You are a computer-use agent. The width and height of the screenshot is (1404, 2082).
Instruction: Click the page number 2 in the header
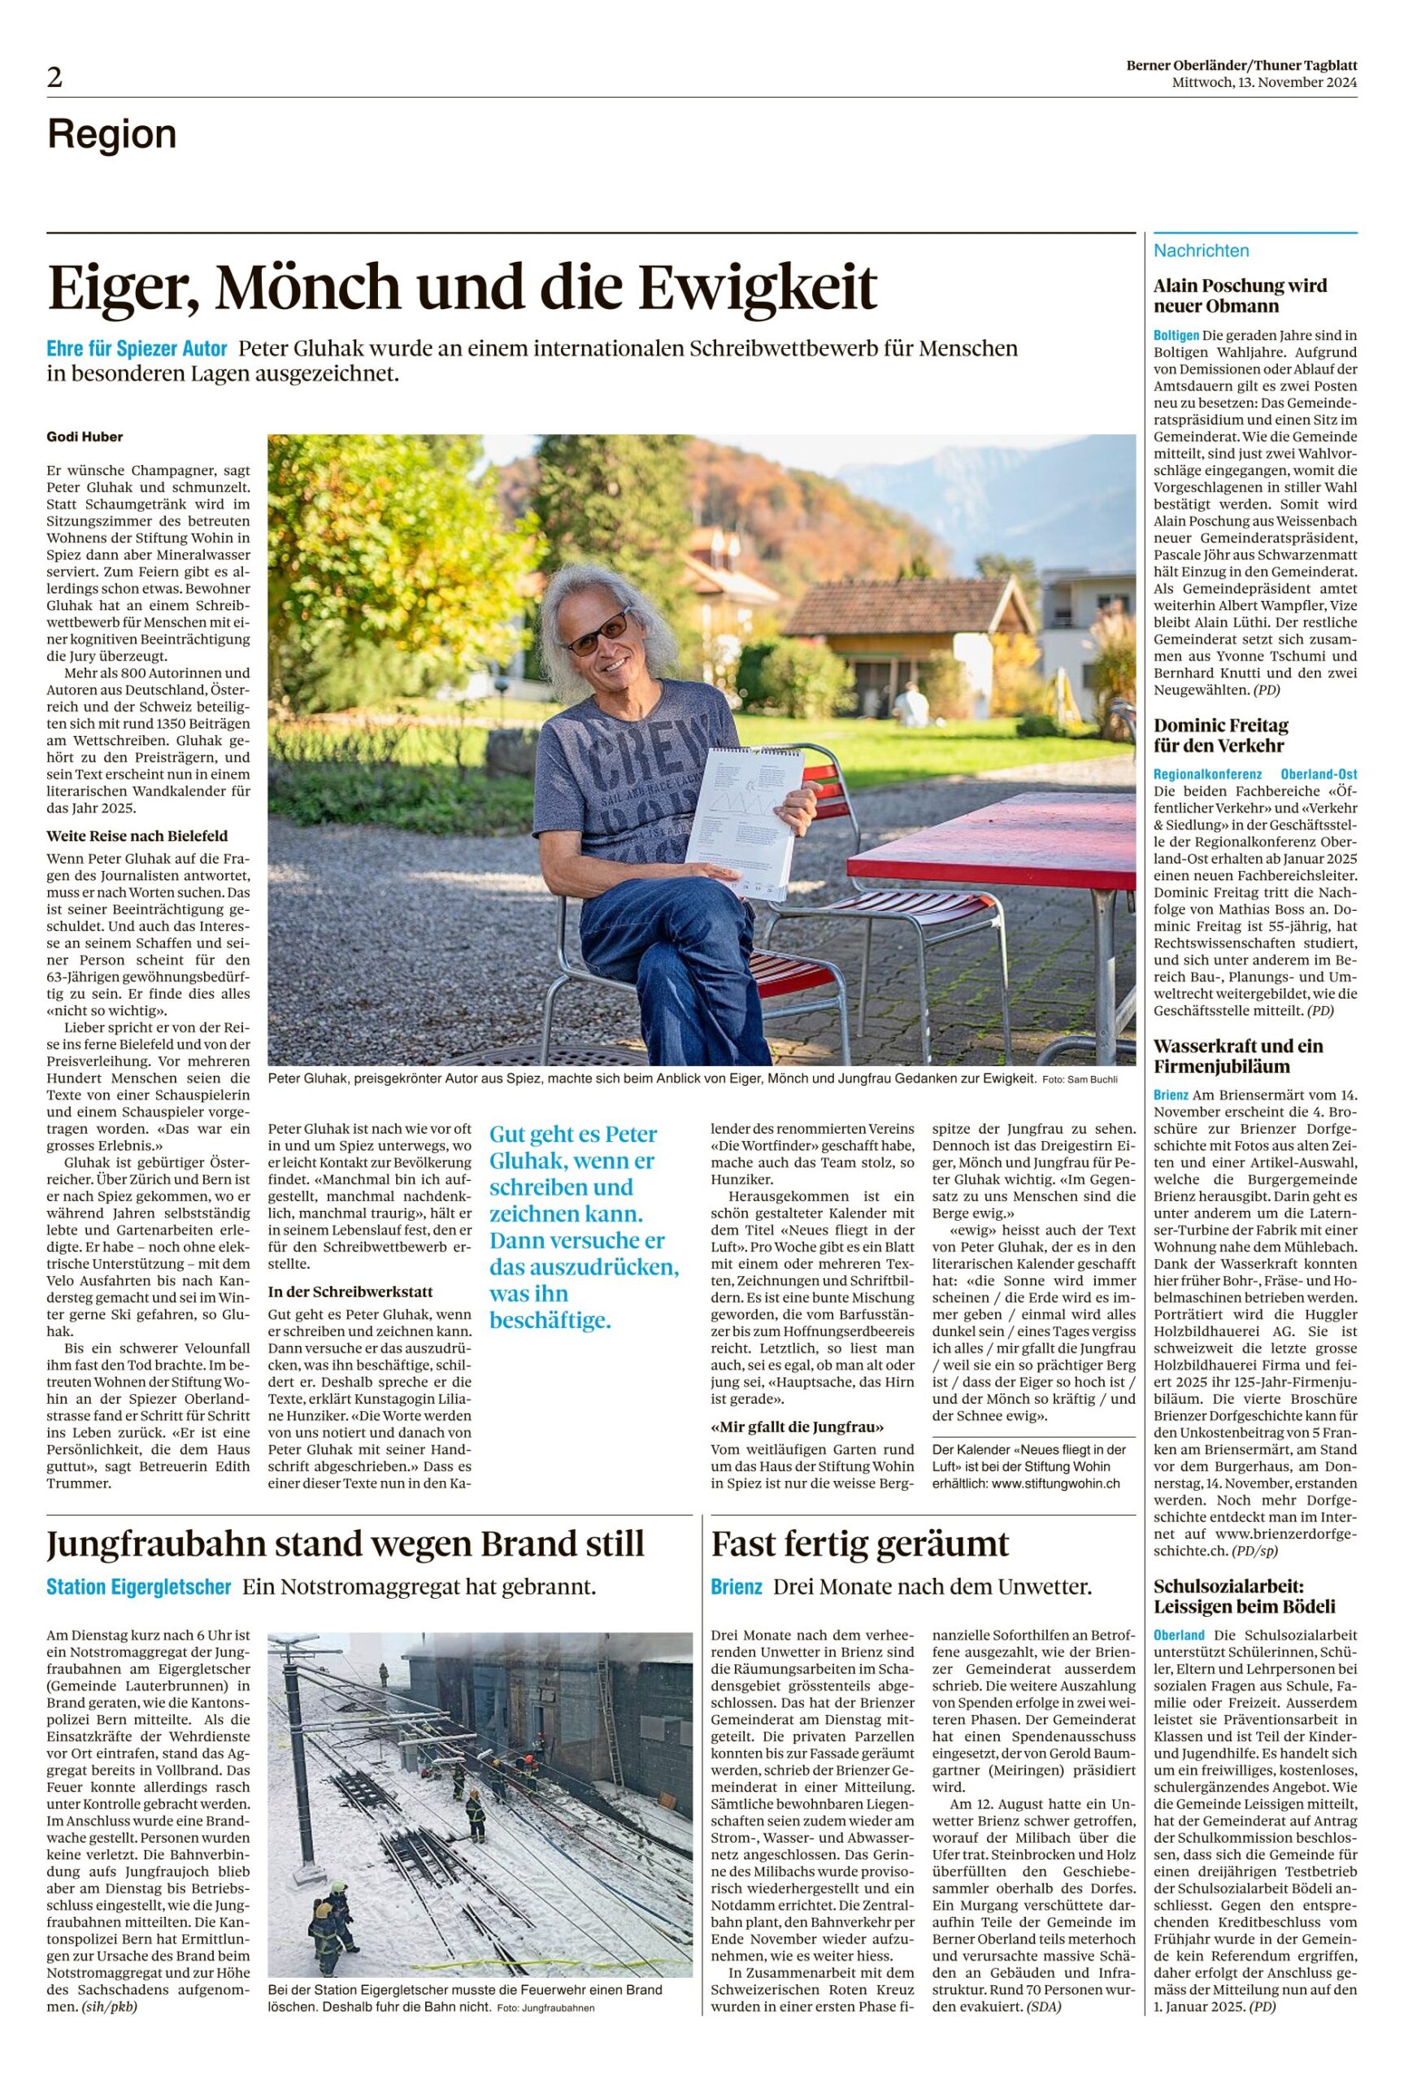point(55,79)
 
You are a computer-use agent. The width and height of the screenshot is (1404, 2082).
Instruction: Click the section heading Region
point(112,134)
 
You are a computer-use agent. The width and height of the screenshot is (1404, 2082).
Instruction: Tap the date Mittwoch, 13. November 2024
point(1264,82)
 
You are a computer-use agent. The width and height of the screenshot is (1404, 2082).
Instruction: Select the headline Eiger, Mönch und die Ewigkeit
point(462,287)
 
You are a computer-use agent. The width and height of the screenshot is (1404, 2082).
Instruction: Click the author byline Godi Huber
point(85,437)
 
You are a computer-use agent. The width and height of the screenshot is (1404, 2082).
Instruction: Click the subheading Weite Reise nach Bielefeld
point(137,835)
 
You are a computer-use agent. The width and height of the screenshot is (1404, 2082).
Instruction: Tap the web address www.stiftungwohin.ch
point(1056,1483)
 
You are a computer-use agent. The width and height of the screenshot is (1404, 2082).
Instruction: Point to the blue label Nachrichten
point(1201,250)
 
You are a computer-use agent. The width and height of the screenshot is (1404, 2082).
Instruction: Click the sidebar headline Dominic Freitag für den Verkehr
point(1219,735)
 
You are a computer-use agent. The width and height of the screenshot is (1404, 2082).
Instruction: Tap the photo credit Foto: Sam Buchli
point(1080,1079)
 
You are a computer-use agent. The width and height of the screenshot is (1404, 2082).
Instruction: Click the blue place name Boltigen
point(1176,336)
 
